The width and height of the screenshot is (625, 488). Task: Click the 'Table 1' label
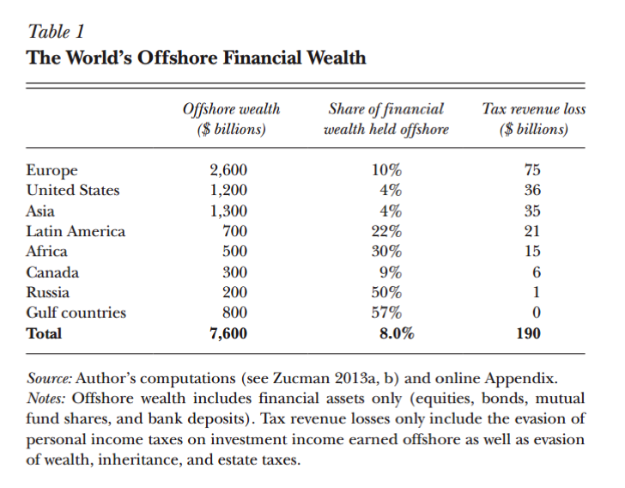pyautogui.click(x=56, y=33)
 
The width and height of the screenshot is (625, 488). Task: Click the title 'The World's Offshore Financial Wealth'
pyautogui.click(x=197, y=58)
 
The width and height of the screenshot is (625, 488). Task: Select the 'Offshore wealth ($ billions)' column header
pyautogui.click(x=231, y=119)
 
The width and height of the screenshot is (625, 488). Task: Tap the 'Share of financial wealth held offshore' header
pyautogui.click(x=385, y=119)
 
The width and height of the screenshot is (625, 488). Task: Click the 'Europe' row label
pyautogui.click(x=52, y=170)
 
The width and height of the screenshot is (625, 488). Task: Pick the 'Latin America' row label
pyautogui.click(x=76, y=231)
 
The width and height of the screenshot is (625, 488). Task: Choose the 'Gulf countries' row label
pyautogui.click(x=76, y=313)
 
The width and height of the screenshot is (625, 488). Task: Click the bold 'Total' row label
pyautogui.click(x=44, y=333)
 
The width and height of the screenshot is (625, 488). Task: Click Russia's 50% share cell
pyautogui.click(x=385, y=292)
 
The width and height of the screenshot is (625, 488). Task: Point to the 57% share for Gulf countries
pyautogui.click(x=385, y=313)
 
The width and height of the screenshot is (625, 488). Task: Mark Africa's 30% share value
pyautogui.click(x=385, y=252)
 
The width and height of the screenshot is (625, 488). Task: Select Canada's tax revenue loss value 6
pyautogui.click(x=536, y=272)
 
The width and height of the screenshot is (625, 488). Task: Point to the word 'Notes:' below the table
pyautogui.click(x=47, y=399)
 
